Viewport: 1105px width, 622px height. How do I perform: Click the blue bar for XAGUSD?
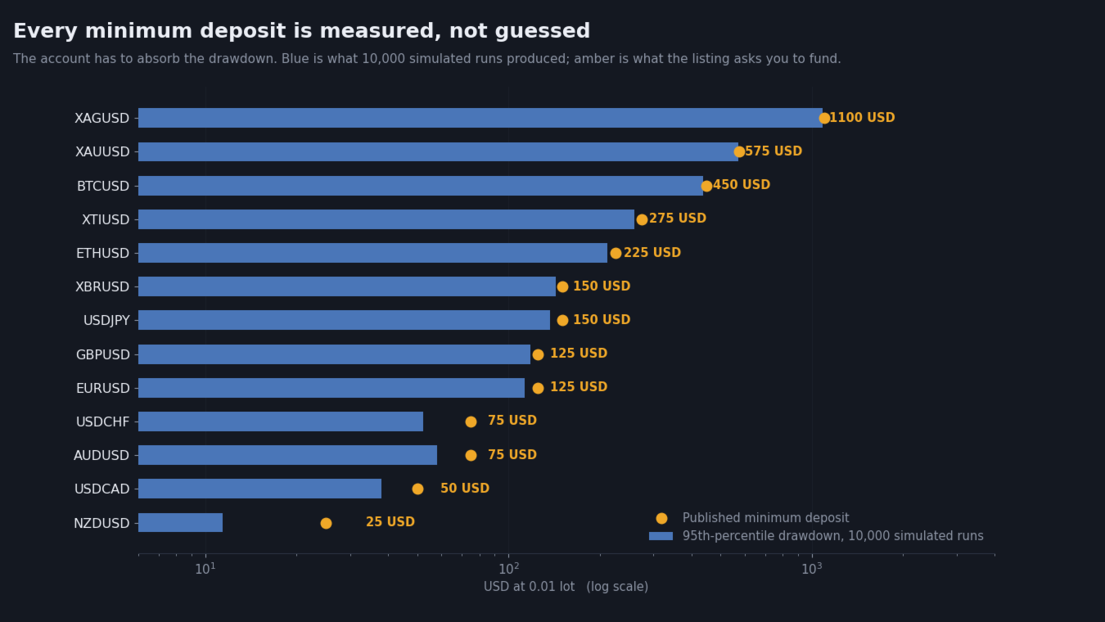(x=480, y=118)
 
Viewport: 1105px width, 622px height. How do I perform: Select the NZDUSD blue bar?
(x=180, y=522)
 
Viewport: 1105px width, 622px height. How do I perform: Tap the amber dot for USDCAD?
(x=417, y=489)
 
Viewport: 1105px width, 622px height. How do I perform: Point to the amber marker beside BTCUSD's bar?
(x=706, y=186)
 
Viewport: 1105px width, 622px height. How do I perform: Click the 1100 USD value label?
(x=862, y=118)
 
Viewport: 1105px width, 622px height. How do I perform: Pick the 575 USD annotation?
(x=773, y=151)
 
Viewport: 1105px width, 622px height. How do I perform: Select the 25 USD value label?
(x=390, y=522)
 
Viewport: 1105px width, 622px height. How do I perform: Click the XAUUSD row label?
(x=102, y=152)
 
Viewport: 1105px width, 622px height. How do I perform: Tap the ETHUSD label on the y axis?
(x=102, y=254)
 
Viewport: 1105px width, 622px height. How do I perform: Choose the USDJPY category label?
(x=106, y=321)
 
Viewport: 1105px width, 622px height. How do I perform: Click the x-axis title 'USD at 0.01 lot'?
(x=529, y=587)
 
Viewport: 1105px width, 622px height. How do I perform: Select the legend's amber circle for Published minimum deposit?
(x=661, y=518)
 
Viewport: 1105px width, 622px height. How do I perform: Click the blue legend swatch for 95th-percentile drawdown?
(x=661, y=536)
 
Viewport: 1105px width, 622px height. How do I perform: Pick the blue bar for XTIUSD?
(x=386, y=219)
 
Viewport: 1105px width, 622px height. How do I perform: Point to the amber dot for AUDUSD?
(x=471, y=455)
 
